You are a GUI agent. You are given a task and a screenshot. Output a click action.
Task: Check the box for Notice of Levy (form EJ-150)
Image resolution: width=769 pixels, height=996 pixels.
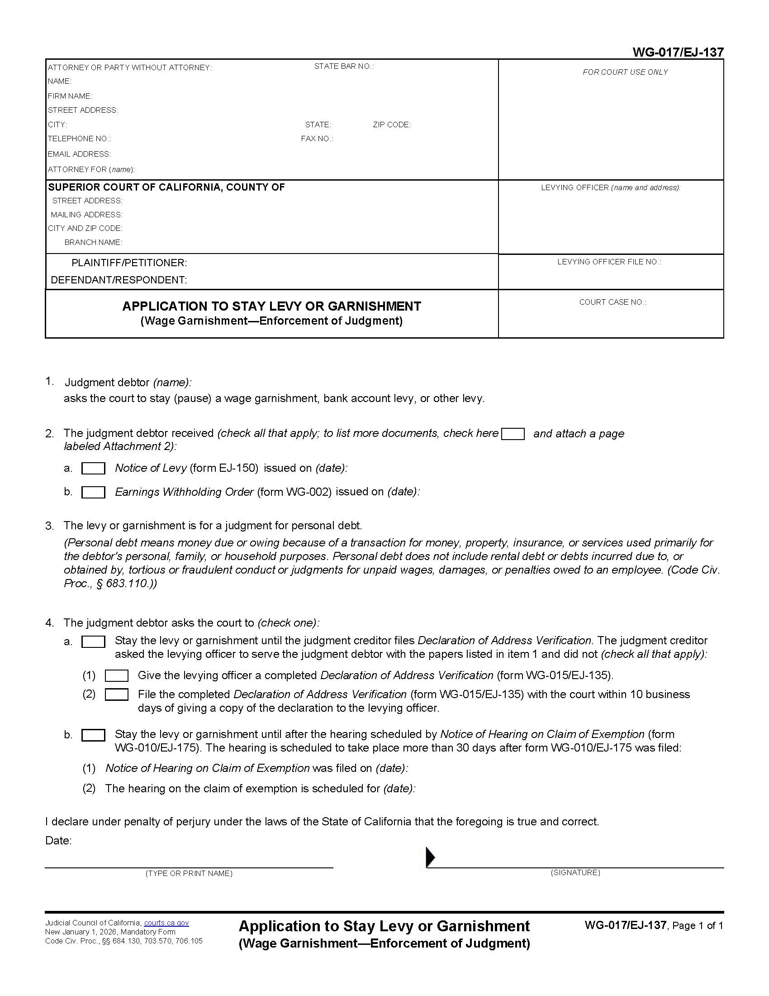(x=93, y=469)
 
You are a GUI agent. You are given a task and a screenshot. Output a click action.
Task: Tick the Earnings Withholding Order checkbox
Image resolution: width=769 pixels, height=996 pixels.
(x=93, y=492)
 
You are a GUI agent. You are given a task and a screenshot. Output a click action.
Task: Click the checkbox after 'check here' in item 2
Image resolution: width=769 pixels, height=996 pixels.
(x=513, y=434)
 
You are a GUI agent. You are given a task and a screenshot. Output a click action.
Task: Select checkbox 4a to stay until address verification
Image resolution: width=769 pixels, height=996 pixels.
(x=93, y=642)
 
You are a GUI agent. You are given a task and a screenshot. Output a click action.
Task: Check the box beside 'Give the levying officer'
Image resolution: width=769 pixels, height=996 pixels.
(x=117, y=675)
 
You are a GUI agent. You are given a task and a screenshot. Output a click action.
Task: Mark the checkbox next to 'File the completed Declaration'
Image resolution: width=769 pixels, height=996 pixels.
(x=117, y=694)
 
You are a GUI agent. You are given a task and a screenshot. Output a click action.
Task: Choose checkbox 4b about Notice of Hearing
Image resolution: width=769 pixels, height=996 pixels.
(x=93, y=735)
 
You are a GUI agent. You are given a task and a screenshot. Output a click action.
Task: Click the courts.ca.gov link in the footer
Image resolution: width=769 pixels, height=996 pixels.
(x=166, y=923)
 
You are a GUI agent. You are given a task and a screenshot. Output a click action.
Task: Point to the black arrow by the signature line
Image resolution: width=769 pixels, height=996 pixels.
(x=430, y=857)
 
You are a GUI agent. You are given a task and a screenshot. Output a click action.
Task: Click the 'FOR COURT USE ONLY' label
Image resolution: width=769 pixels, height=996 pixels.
(x=625, y=72)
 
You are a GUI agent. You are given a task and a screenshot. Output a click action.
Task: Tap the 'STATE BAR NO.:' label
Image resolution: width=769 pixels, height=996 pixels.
(x=344, y=67)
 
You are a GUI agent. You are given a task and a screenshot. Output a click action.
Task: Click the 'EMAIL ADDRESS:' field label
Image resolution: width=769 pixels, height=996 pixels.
(x=79, y=154)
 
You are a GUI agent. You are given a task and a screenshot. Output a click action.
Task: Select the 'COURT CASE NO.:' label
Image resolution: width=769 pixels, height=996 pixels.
(x=612, y=302)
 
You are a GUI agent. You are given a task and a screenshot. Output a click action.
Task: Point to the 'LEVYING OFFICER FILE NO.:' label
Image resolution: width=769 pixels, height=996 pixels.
(x=609, y=262)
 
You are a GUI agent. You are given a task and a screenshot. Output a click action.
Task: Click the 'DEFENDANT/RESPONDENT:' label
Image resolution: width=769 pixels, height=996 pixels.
(x=119, y=280)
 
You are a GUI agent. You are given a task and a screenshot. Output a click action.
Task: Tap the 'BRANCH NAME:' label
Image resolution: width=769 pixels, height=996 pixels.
(x=93, y=242)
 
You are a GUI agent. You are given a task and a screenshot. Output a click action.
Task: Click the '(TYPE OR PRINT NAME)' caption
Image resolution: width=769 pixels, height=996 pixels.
(x=189, y=873)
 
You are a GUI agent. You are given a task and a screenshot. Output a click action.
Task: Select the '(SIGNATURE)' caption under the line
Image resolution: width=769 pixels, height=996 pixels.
(x=575, y=872)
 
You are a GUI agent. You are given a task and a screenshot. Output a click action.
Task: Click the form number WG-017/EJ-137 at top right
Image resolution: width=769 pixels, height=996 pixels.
(x=678, y=53)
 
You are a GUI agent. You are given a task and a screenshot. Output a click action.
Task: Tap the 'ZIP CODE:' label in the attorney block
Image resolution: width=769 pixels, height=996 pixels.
(x=392, y=124)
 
